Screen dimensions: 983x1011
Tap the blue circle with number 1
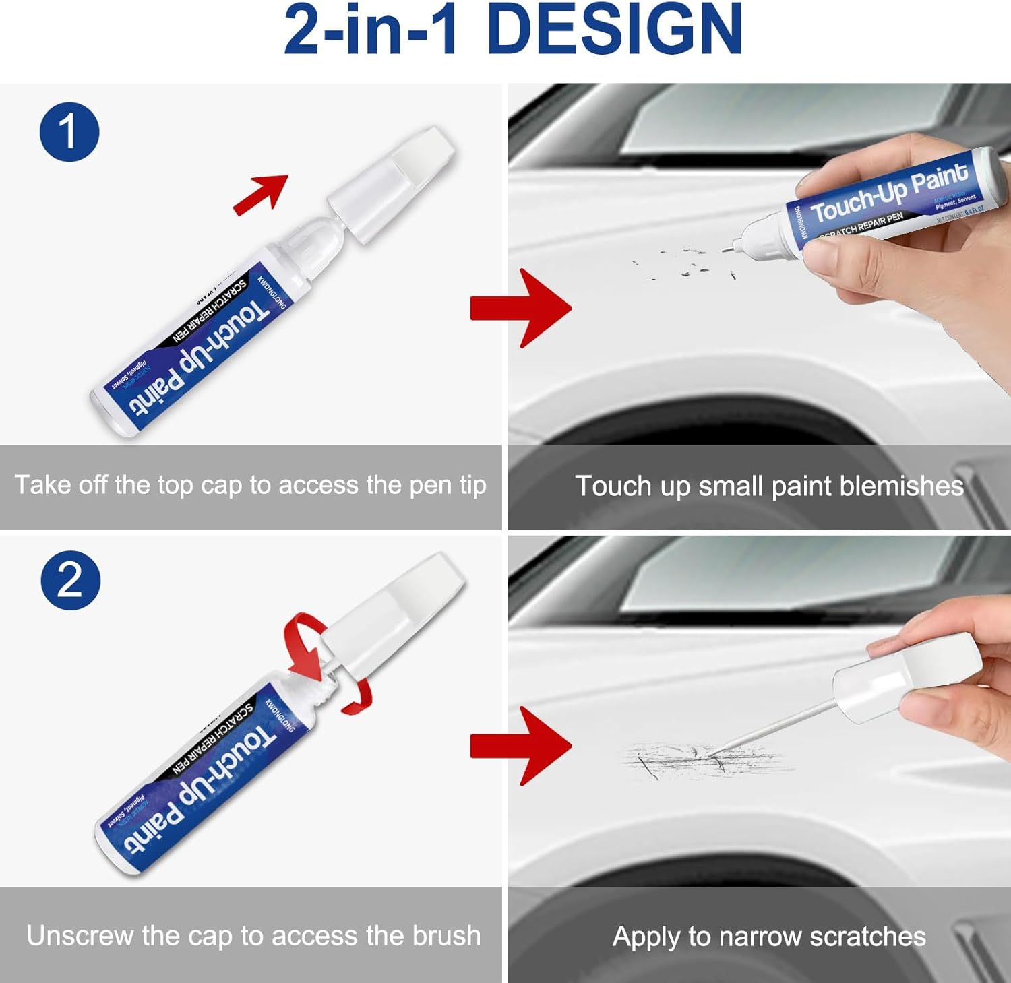pyautogui.click(x=69, y=131)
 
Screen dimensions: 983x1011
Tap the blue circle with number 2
pyautogui.click(x=70, y=580)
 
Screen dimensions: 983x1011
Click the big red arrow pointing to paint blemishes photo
pyautogui.click(x=522, y=308)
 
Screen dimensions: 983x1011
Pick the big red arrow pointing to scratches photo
pyautogui.click(x=522, y=746)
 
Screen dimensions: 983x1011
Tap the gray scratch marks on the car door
pyautogui.click(x=701, y=761)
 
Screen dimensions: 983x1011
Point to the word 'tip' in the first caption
pyautogui.click(x=472, y=485)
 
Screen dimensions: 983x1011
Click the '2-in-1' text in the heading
pyautogui.click(x=371, y=30)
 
